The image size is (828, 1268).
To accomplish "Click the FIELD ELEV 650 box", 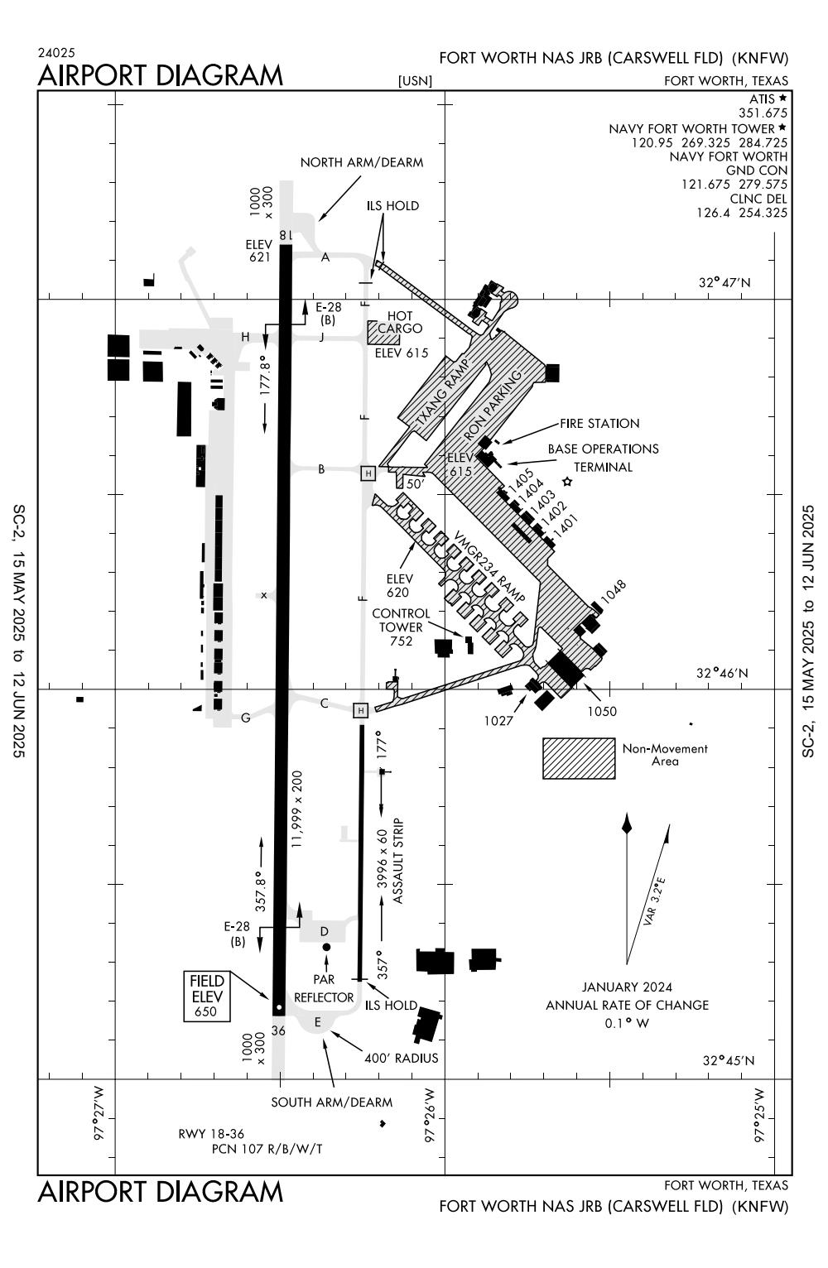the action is click(207, 997).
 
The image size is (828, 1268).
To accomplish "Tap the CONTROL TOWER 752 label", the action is click(401, 627).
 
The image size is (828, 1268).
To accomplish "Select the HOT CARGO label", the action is click(400, 322).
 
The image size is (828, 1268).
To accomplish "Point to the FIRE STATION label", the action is click(599, 424).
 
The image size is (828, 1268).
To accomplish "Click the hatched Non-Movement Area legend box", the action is click(579, 758).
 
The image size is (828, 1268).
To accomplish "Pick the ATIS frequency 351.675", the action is click(763, 113).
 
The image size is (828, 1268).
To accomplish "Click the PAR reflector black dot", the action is click(326, 947).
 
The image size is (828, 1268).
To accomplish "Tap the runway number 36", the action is click(278, 1030).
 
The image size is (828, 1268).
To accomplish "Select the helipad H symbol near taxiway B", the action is click(368, 473).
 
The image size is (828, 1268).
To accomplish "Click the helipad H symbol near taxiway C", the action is click(360, 710).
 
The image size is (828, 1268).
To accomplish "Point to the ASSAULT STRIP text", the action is click(397, 861).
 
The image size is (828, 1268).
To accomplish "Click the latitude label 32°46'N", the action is click(722, 673).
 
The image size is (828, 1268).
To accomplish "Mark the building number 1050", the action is click(602, 712).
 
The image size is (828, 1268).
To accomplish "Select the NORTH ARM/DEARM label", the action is click(362, 162).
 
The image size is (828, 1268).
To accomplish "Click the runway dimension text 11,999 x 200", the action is click(297, 809).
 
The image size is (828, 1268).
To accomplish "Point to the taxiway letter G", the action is click(245, 718).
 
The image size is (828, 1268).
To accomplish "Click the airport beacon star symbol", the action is click(567, 482).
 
